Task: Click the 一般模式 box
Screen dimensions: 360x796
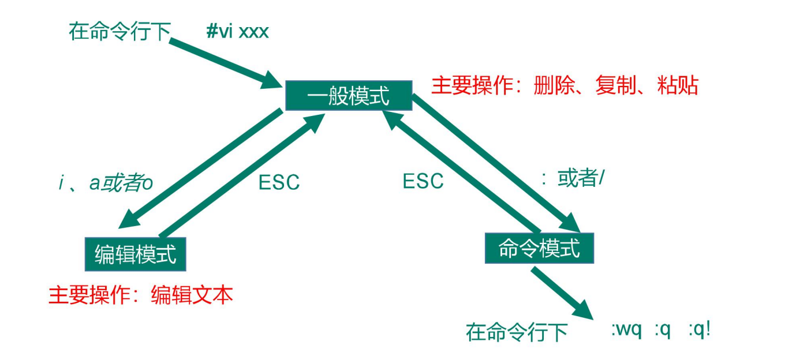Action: point(349,95)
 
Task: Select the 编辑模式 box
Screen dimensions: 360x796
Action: point(136,254)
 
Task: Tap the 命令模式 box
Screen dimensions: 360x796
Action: point(539,249)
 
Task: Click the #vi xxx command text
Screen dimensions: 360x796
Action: point(237,31)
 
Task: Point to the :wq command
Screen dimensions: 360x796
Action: point(626,331)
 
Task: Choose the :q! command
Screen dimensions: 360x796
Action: point(698,331)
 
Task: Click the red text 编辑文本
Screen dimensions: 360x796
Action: point(192,295)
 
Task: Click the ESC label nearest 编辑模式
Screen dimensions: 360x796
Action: point(279,182)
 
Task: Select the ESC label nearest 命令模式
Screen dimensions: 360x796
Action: point(423,181)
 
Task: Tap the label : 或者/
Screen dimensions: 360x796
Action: point(573,179)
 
